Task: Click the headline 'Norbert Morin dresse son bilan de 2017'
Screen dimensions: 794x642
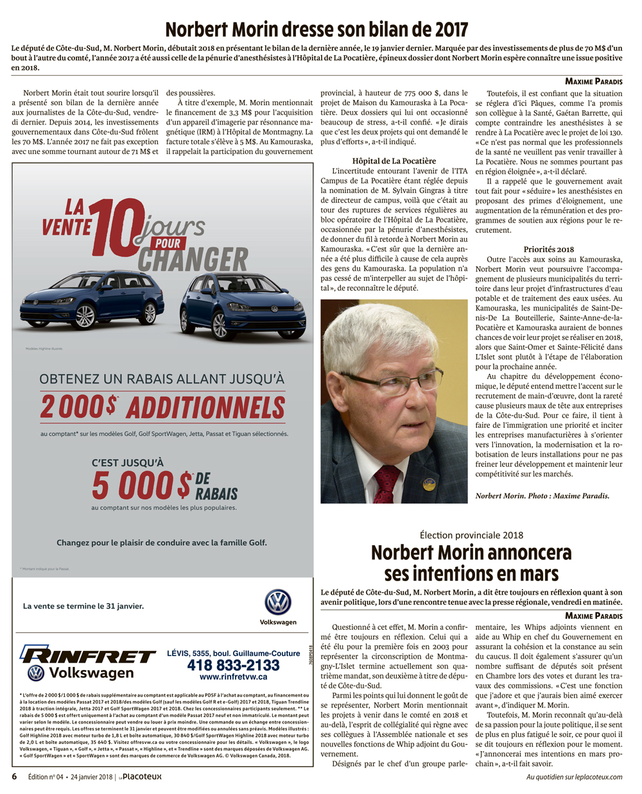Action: [x=317, y=30]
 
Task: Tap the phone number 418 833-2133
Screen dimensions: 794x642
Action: [x=233, y=665]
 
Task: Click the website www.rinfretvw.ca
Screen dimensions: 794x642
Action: [x=233, y=677]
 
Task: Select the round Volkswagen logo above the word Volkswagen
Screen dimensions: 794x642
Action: [x=278, y=603]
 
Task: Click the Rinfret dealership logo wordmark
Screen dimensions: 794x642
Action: [x=88, y=655]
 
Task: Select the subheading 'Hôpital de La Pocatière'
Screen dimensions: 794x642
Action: [x=394, y=161]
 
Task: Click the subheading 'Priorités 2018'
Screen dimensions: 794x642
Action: [x=548, y=249]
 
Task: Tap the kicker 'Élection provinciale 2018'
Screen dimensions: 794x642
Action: [x=471, y=535]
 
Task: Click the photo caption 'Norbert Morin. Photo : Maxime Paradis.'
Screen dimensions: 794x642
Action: [x=542, y=496]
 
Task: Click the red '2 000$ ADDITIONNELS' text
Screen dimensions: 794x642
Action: [x=162, y=407]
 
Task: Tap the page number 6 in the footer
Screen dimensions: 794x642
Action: [x=14, y=777]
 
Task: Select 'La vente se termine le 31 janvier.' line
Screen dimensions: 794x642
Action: [x=83, y=606]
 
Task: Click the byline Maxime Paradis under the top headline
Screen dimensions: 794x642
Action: [x=593, y=81]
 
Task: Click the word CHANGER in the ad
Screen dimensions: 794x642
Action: [x=193, y=260]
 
